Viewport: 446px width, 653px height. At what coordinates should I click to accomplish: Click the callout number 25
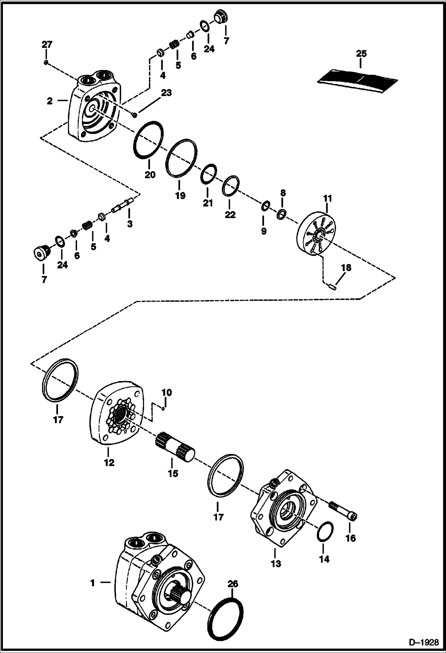pos(361,54)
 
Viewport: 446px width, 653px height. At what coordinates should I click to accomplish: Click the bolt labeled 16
pos(342,510)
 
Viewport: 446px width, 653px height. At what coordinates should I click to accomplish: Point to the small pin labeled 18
pos(333,287)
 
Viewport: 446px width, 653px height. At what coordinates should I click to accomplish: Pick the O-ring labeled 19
pos(181,159)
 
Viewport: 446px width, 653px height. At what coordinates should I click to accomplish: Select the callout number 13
pos(276,564)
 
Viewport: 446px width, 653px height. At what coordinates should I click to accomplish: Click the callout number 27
pos(47,45)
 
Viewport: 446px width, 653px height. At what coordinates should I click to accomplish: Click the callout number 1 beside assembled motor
pos(93,583)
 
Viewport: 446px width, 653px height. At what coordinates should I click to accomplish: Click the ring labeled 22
pos(230,187)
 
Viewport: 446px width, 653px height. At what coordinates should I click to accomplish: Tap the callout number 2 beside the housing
pos(50,101)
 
